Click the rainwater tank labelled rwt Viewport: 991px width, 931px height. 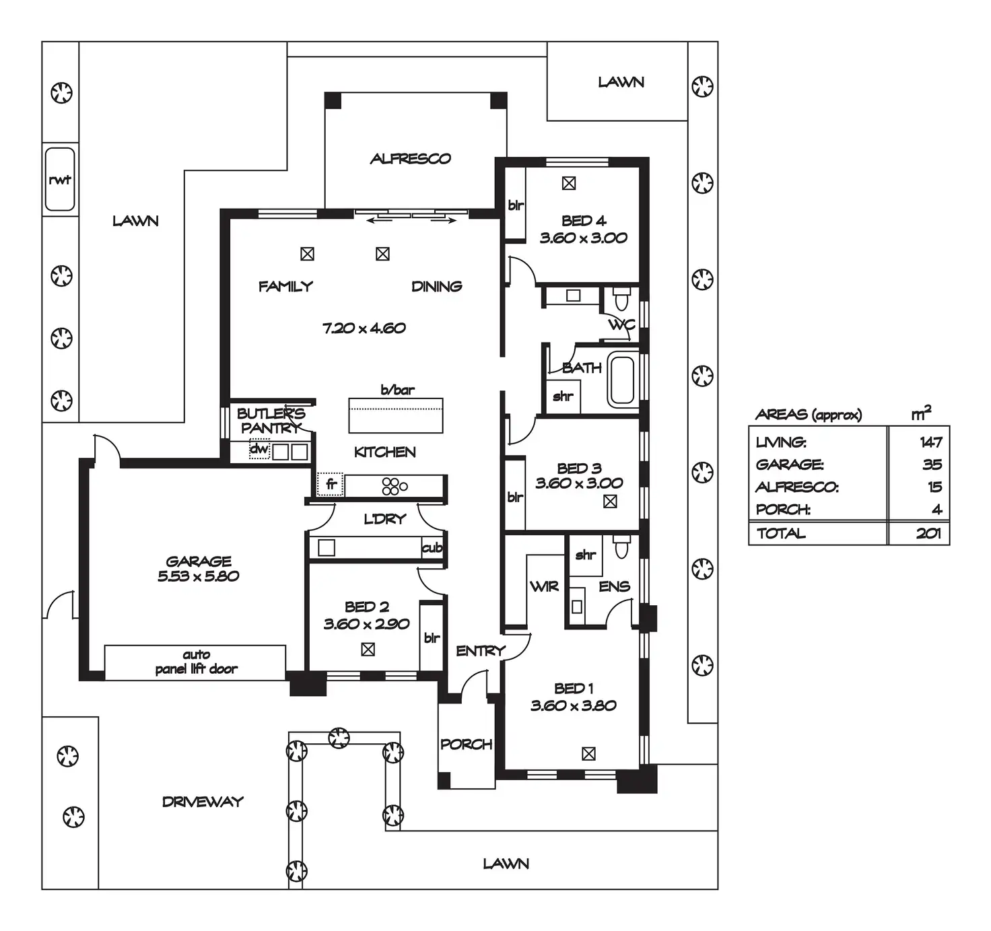pyautogui.click(x=60, y=180)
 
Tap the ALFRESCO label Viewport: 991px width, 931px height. pyautogui.click(x=410, y=159)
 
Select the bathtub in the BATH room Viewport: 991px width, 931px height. pyautogui.click(x=622, y=380)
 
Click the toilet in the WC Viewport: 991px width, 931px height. pyautogui.click(x=621, y=297)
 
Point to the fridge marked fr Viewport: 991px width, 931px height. pyautogui.click(x=331, y=484)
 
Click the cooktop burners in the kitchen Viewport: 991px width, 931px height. pyautogui.click(x=394, y=486)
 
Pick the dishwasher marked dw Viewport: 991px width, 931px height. pyautogui.click(x=259, y=449)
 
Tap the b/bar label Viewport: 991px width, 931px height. pyautogui.click(x=397, y=390)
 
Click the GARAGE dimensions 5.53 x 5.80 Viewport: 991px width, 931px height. pyautogui.click(x=199, y=576)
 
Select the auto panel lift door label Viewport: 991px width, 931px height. pyautogui.click(x=196, y=662)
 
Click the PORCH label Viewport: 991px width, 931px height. pyautogui.click(x=466, y=745)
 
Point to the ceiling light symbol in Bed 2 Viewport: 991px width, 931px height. pyautogui.click(x=368, y=650)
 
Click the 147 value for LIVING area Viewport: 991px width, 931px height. pyautogui.click(x=931, y=442)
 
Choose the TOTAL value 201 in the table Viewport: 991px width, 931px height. pyautogui.click(x=928, y=533)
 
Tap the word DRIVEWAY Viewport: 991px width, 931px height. pyautogui.click(x=203, y=802)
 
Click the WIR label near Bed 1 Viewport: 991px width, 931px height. pyautogui.click(x=544, y=586)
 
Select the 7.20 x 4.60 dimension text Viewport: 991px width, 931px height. pyautogui.click(x=364, y=329)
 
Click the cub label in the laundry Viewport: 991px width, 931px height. pyautogui.click(x=432, y=548)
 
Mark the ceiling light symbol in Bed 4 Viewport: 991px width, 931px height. pyautogui.click(x=569, y=183)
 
